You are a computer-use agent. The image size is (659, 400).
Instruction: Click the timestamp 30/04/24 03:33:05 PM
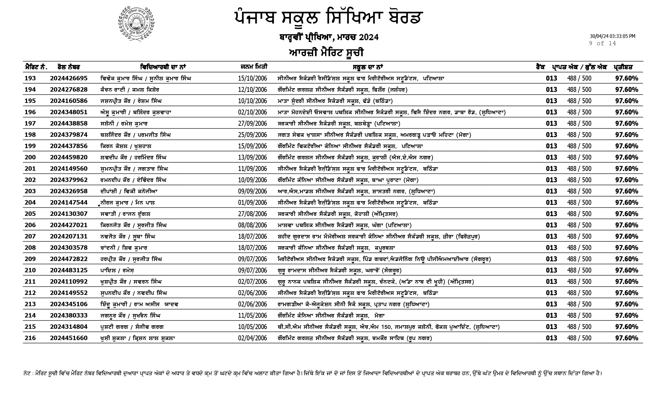pyautogui.click(x=612, y=36)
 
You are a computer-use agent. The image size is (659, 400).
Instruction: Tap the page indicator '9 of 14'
pyautogui.click(x=602, y=44)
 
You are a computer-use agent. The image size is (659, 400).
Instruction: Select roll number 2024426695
pyautogui.click(x=69, y=78)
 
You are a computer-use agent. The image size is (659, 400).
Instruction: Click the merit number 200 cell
pyautogui.click(x=30, y=157)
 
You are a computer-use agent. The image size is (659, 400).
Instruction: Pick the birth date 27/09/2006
pyautogui.click(x=252, y=124)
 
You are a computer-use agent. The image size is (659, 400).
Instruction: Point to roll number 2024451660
pyautogui.click(x=69, y=338)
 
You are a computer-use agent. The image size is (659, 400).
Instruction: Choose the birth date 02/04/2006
pyautogui.click(x=252, y=338)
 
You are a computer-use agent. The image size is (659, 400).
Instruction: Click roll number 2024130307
pyautogui.click(x=69, y=214)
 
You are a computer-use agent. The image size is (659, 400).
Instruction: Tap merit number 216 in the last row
pyautogui.click(x=30, y=338)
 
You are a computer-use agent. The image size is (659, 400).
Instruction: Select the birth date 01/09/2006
pyautogui.click(x=252, y=203)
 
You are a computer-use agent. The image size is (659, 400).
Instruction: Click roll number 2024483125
pyautogui.click(x=69, y=270)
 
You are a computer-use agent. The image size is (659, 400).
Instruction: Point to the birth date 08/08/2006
pyautogui.click(x=252, y=225)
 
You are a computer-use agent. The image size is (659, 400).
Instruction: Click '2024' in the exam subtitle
pyautogui.click(x=369, y=38)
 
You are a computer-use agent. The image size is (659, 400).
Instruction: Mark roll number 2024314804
pyautogui.click(x=69, y=327)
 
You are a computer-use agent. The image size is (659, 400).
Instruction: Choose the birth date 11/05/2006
pyautogui.click(x=252, y=316)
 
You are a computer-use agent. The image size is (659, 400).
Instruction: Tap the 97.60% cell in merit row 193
pyautogui.click(x=626, y=78)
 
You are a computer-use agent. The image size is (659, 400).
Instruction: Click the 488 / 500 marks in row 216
pyautogui.click(x=579, y=338)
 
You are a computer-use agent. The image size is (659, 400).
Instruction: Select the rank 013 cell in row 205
pyautogui.click(x=551, y=214)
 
